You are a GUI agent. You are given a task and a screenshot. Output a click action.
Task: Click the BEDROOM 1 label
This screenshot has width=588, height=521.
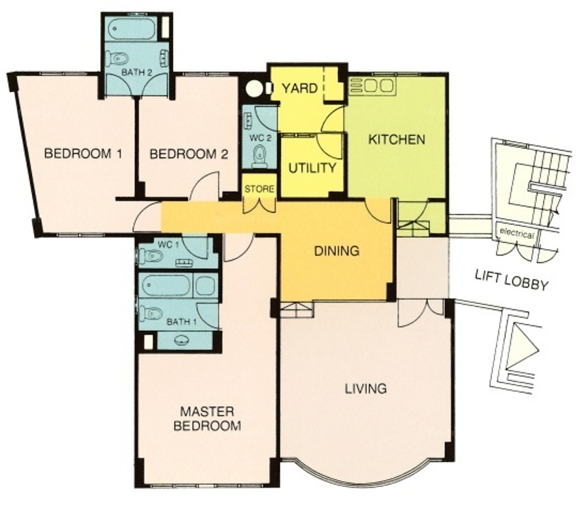click(83, 154)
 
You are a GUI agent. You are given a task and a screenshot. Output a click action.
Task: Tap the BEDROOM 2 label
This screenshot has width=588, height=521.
click(189, 154)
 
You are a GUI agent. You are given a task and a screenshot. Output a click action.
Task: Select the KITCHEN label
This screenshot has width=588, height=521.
click(397, 139)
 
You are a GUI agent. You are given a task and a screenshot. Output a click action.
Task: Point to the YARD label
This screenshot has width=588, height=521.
click(299, 88)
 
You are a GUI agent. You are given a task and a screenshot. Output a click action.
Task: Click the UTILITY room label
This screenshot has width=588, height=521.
click(312, 168)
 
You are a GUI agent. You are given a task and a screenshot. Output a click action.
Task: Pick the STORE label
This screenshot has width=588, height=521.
click(259, 189)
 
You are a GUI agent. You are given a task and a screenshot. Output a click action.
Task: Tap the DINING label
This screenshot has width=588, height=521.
click(336, 250)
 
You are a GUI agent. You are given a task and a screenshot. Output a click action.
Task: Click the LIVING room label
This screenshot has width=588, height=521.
click(366, 388)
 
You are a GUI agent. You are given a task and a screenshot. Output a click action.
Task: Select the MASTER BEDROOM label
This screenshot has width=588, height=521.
click(207, 418)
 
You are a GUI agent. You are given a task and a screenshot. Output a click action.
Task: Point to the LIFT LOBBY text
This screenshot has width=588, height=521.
click(512, 280)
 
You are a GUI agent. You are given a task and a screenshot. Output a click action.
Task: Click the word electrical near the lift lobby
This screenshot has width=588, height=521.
click(516, 233)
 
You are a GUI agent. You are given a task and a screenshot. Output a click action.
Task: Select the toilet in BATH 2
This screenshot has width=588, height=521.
click(117, 59)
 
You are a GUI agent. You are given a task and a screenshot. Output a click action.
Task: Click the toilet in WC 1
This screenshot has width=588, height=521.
click(151, 256)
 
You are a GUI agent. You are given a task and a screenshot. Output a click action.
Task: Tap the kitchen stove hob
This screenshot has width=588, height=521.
click(372, 86)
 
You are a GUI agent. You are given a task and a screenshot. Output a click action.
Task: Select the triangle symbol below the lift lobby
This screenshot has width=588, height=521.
click(521, 347)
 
